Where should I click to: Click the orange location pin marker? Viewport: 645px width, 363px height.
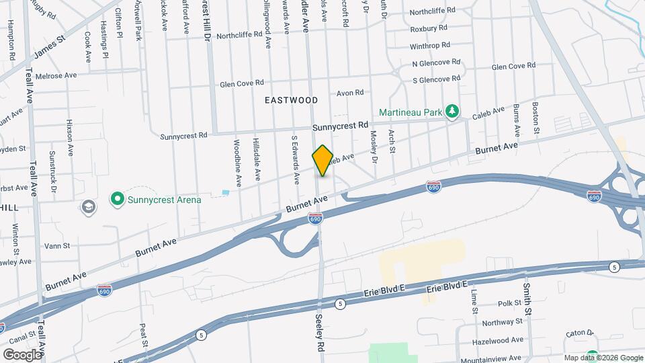[322, 161]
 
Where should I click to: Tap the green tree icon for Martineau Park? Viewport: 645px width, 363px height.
[454, 112]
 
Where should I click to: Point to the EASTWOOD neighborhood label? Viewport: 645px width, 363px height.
[291, 100]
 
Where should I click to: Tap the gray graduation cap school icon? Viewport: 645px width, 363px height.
[88, 206]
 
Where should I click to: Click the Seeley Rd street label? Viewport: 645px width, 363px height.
[320, 332]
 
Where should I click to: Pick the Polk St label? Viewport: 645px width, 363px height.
[510, 303]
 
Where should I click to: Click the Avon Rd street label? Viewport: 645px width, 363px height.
[350, 93]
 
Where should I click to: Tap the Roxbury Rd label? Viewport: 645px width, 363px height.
[433, 29]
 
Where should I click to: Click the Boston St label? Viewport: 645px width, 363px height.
[535, 116]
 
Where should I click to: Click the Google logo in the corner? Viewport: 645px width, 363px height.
[23, 354]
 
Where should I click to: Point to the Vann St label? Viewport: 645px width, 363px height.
[57, 247]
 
